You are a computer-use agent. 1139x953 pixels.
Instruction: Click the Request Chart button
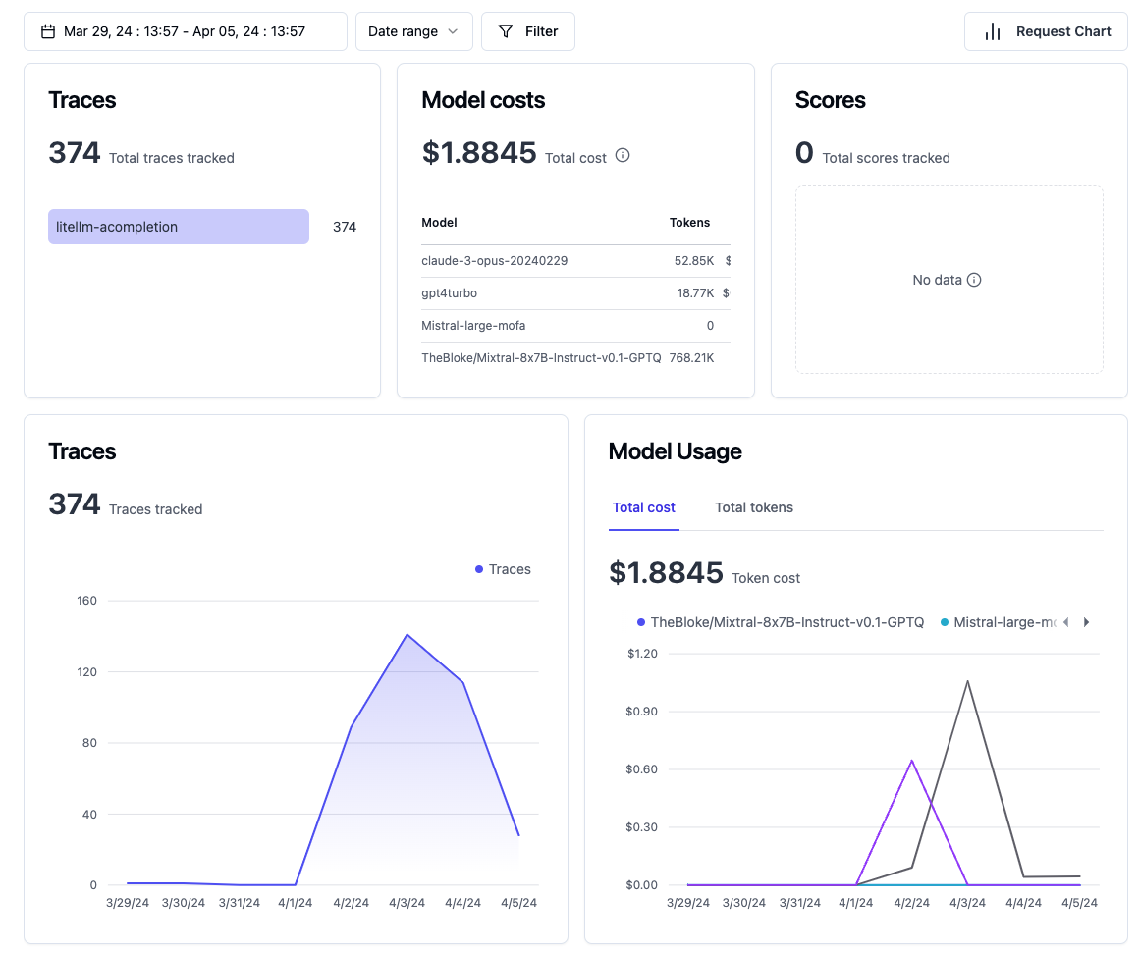pos(1047,31)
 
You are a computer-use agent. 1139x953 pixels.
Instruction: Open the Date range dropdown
pos(413,31)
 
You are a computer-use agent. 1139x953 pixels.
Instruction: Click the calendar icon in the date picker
pos(48,31)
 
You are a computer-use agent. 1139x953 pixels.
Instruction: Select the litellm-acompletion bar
pos(179,227)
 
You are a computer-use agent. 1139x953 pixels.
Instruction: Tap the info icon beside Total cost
pos(623,155)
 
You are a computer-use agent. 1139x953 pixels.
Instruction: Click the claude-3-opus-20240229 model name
pos(495,261)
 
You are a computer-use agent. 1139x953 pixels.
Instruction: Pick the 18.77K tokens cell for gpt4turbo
pos(691,293)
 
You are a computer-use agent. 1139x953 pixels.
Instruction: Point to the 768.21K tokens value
pos(691,358)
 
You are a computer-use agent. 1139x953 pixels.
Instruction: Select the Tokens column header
pos(689,223)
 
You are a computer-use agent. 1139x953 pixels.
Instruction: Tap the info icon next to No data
pos(974,280)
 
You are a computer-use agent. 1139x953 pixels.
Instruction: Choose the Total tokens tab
pos(754,507)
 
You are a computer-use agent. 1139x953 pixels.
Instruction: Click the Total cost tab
pos(644,507)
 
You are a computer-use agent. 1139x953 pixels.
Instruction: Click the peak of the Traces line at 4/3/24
pos(407,634)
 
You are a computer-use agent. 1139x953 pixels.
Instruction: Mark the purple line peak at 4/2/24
pos(912,760)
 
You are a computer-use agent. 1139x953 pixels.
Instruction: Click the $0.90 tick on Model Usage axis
pos(641,712)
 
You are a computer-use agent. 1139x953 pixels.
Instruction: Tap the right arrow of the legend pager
pos(1086,622)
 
